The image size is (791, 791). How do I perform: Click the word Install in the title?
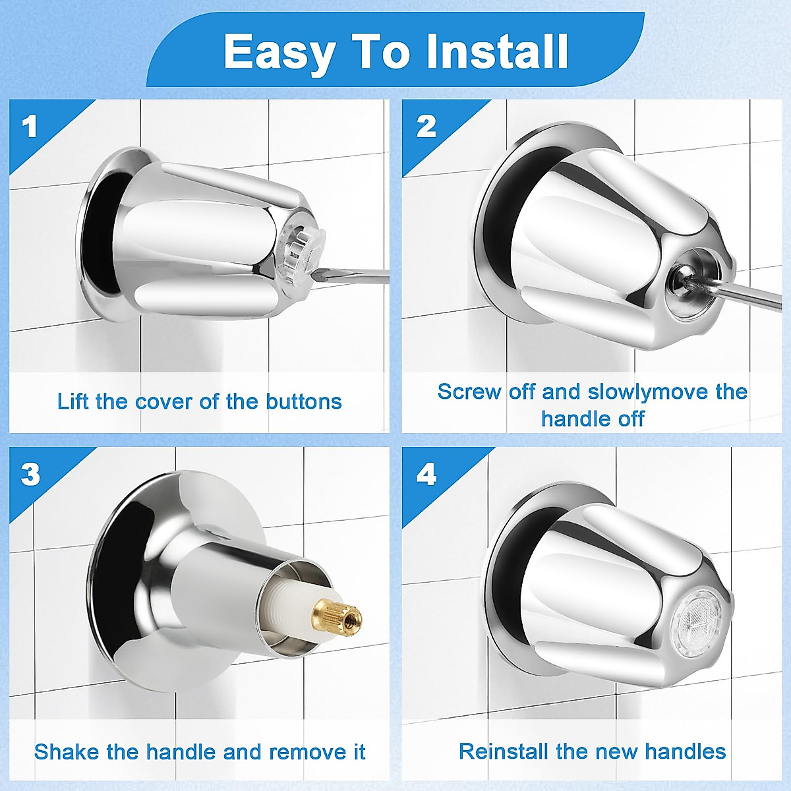497,51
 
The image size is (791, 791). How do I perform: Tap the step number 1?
30,127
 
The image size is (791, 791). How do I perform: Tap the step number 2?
426,127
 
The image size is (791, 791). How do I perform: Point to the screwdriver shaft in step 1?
356,276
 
